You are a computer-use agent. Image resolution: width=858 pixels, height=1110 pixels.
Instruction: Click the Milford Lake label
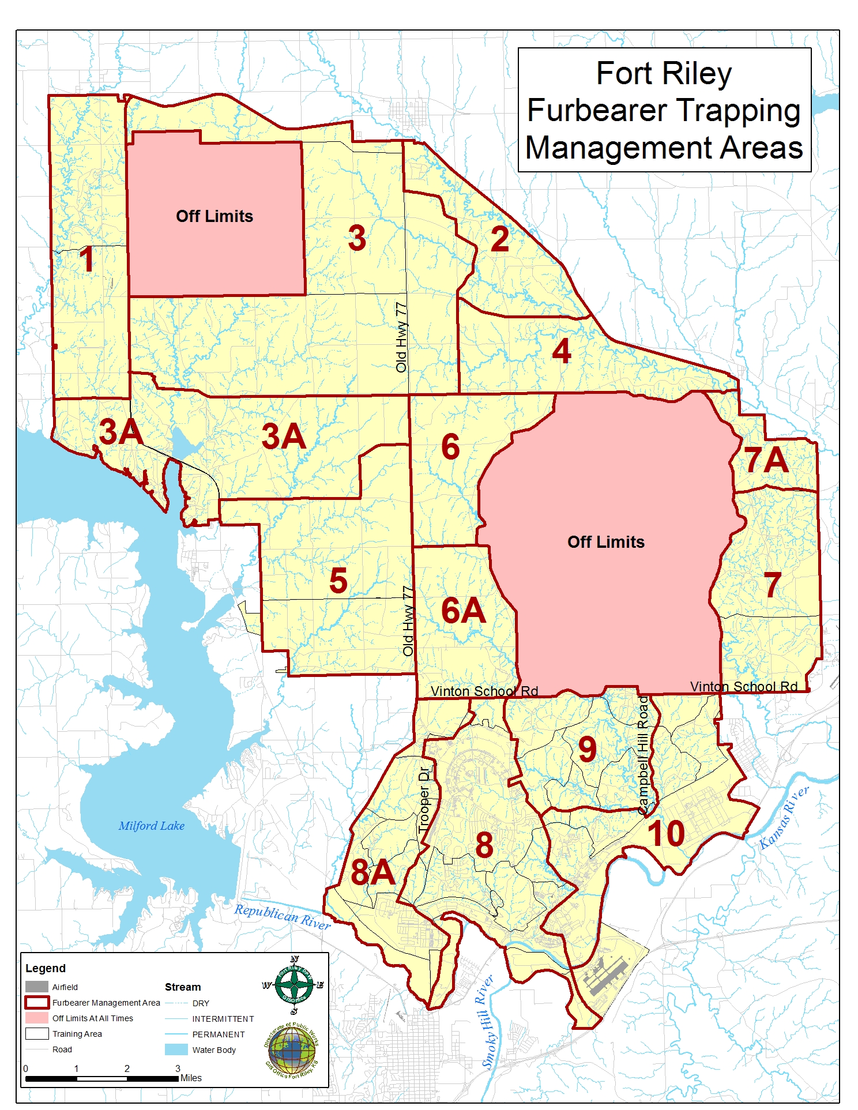pyautogui.click(x=151, y=826)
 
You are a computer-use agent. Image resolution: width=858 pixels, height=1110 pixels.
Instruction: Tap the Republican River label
pyautogui.click(x=282, y=916)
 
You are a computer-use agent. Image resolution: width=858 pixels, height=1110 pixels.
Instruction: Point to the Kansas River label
pyautogui.click(x=784, y=817)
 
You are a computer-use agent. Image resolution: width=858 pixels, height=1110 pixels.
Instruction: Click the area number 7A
pyautogui.click(x=766, y=460)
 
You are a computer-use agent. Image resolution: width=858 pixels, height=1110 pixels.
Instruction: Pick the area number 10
pyautogui.click(x=666, y=834)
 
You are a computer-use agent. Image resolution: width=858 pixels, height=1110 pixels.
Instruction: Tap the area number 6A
pyautogui.click(x=463, y=611)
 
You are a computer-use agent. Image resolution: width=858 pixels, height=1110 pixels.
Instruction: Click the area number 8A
pyautogui.click(x=372, y=872)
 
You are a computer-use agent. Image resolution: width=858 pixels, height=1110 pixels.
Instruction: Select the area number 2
pyautogui.click(x=499, y=239)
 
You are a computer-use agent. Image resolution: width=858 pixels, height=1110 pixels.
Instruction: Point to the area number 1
pyautogui.click(x=87, y=259)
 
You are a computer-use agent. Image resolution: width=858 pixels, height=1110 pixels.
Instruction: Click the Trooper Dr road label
pyautogui.click(x=425, y=799)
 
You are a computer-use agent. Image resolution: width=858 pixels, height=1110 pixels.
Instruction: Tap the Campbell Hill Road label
pyautogui.click(x=644, y=753)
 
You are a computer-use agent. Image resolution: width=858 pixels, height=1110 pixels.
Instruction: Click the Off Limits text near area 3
pyautogui.click(x=215, y=216)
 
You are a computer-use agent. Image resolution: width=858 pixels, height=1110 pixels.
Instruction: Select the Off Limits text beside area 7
pyautogui.click(x=605, y=542)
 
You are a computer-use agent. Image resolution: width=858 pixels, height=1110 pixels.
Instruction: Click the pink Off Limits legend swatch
pyautogui.click(x=36, y=1018)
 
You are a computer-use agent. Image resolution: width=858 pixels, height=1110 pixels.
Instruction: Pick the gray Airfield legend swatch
pyautogui.click(x=36, y=987)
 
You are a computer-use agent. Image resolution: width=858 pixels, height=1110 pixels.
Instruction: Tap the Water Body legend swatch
pyautogui.click(x=176, y=1049)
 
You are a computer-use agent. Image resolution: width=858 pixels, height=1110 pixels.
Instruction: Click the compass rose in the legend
pyautogui.click(x=294, y=985)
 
